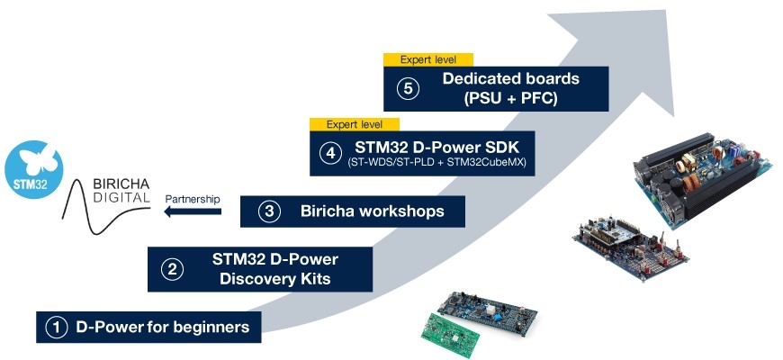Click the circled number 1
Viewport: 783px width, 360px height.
[x=57, y=328]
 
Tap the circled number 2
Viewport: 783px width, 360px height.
[x=172, y=270]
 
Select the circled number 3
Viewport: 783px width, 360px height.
[x=270, y=211]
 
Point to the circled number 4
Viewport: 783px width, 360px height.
[x=330, y=153]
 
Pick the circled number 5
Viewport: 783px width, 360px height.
[x=408, y=89]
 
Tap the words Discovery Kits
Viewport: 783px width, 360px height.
[x=275, y=278]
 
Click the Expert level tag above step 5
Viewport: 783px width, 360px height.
[x=428, y=60]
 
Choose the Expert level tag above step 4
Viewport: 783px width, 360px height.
[x=354, y=124]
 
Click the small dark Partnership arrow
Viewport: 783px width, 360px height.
[x=193, y=211]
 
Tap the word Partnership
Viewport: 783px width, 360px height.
[x=193, y=199]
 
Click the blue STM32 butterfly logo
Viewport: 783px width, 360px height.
[x=34, y=169]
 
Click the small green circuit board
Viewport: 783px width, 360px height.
[x=450, y=335]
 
